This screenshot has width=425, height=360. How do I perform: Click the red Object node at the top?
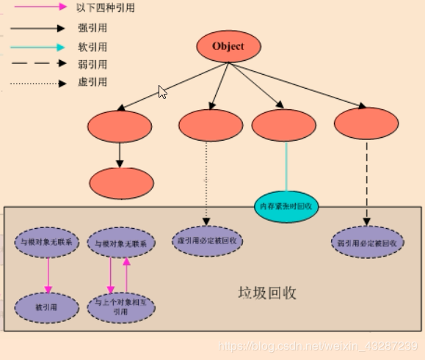pos(228,47)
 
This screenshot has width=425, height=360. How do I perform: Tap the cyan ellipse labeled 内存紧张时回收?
pos(287,207)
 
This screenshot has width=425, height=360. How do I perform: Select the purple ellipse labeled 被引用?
pos(46,306)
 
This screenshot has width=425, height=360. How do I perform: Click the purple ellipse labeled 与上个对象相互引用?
pos(121,306)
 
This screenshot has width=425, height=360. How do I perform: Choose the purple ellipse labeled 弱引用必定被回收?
pos(367,242)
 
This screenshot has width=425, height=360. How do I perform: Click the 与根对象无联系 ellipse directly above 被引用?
pos(46,242)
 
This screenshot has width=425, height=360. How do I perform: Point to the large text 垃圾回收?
pos(266,293)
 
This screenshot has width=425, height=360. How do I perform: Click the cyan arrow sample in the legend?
pos(37,46)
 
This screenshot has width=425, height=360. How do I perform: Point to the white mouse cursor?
pos(162,92)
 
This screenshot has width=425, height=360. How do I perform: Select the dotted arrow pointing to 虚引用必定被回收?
pos(206,180)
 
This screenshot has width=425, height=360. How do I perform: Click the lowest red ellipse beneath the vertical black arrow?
pos(120,183)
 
